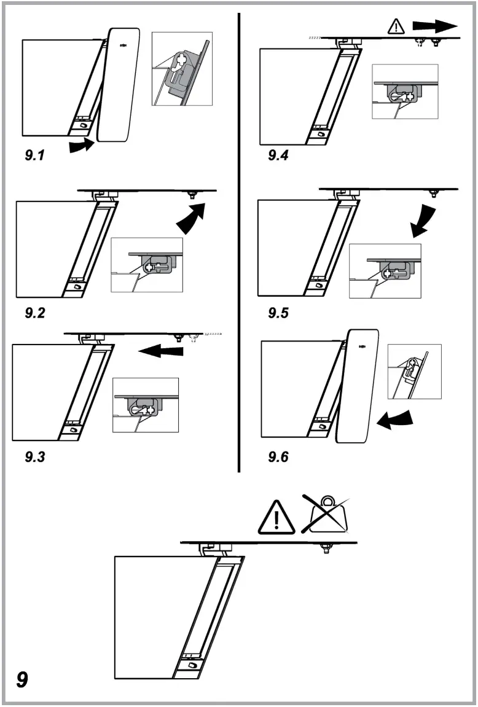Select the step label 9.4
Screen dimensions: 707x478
click(278, 155)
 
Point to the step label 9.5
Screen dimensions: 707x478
click(278, 313)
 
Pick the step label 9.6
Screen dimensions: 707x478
click(279, 457)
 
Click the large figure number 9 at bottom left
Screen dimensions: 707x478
click(23, 680)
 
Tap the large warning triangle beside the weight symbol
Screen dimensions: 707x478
click(277, 517)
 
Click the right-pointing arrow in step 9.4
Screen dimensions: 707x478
click(435, 26)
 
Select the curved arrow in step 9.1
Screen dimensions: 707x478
click(80, 146)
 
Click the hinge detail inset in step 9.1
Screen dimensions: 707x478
click(182, 69)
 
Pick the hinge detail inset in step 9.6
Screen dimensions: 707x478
click(415, 372)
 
